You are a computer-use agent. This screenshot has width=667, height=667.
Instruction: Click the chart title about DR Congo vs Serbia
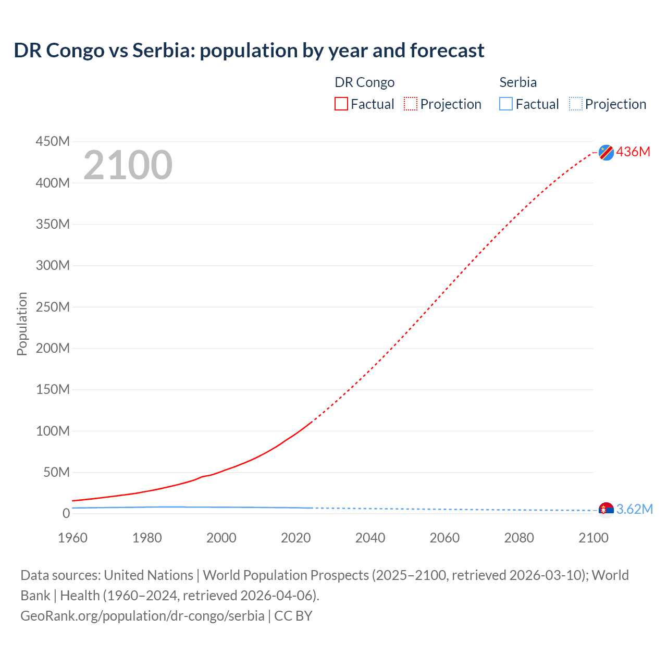249,51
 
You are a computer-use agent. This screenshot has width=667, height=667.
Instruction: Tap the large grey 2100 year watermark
128,165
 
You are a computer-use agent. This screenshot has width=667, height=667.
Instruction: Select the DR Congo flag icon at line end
606,152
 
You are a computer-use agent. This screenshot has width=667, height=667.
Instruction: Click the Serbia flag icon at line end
606,510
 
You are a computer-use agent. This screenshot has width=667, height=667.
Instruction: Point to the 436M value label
633,152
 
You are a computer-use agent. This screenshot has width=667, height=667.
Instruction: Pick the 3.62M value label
634,509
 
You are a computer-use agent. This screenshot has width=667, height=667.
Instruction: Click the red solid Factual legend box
341,104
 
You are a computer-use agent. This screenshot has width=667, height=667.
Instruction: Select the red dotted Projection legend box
411,104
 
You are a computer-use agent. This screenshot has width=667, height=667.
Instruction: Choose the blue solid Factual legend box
506,104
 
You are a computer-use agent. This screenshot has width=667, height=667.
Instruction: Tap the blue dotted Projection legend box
575,104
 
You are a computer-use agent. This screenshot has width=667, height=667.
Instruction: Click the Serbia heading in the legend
518,82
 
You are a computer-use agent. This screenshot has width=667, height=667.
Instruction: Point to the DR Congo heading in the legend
364,82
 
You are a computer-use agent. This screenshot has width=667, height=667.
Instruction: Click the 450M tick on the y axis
53,141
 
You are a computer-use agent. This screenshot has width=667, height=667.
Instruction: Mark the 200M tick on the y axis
53,348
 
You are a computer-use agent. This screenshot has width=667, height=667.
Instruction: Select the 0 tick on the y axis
66,513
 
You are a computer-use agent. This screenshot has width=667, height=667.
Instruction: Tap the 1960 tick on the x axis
72,538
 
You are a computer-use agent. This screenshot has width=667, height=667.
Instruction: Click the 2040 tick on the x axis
370,538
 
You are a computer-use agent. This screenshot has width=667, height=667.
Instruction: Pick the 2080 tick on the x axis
519,538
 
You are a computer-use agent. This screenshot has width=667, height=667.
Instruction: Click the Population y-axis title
22,324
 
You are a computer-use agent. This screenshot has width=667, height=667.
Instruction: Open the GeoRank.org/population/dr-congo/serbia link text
142,616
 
